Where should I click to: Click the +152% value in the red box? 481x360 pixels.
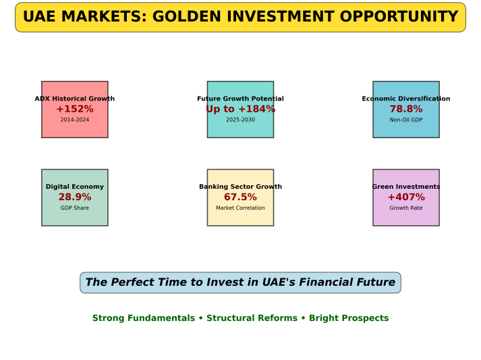click(75, 109)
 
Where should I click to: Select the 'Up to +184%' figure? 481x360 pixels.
click(240, 109)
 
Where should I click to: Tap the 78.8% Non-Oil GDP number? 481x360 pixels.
click(406, 109)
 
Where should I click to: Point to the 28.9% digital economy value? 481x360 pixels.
click(75, 197)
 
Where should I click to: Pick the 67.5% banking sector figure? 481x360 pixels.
click(240, 197)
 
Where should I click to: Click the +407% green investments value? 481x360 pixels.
click(406, 197)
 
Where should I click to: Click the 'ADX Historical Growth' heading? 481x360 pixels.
click(75, 98)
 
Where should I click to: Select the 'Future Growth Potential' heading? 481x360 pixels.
click(240, 98)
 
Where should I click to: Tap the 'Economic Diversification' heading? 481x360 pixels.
click(406, 98)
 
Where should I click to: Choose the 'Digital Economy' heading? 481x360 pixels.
click(75, 187)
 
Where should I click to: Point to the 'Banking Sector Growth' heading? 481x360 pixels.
click(240, 187)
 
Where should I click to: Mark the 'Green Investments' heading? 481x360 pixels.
click(406, 187)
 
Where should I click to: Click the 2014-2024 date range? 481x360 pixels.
click(75, 119)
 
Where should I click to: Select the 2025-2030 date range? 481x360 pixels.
click(240, 119)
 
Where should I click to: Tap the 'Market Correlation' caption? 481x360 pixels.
click(240, 208)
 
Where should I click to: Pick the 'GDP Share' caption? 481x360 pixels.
click(75, 208)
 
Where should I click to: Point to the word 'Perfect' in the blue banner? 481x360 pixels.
click(129, 282)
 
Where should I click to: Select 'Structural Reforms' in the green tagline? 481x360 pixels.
click(252, 318)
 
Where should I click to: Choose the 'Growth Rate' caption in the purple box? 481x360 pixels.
click(406, 208)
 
